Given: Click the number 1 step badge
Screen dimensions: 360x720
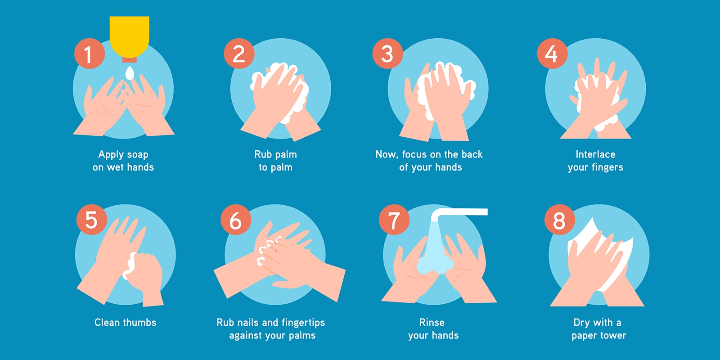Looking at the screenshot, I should tap(90, 54).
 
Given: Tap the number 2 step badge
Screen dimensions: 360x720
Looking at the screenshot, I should tap(239, 54).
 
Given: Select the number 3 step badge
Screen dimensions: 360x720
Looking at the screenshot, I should tap(387, 54).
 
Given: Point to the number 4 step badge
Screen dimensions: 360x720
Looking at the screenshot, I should tap(552, 54).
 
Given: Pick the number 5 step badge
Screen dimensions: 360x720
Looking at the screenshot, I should tap(91, 220).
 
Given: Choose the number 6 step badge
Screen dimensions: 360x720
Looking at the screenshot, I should tap(236, 220).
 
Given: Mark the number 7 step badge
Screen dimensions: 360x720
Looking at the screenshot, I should tap(394, 220).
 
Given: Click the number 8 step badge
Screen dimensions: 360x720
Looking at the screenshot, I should tap(559, 220).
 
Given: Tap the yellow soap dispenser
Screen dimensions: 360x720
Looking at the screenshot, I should tap(130, 34).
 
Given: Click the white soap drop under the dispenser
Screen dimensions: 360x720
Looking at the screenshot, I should tap(130, 73).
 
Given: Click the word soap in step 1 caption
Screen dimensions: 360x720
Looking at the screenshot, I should tap(137, 155).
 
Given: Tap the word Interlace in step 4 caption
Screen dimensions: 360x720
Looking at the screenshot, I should tap(595, 154).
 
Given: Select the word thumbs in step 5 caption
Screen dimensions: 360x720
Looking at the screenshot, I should tap(140, 322).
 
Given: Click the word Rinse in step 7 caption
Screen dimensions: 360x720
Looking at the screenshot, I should tap(432, 322).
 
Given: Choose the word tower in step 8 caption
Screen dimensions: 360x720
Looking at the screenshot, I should tap(613, 336).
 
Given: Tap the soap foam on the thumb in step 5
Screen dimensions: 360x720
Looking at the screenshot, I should tap(131, 265).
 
